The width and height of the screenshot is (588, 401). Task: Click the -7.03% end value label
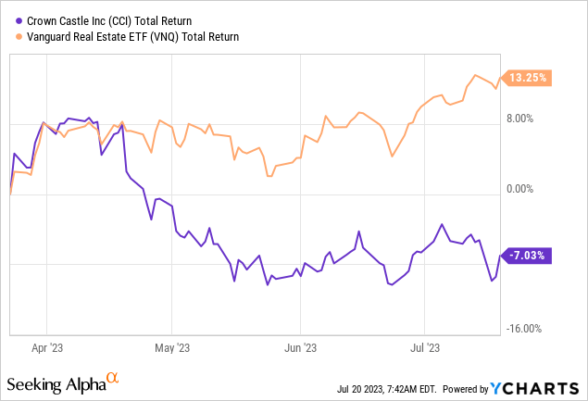tap(528, 255)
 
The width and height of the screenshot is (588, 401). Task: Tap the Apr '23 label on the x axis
tap(47, 350)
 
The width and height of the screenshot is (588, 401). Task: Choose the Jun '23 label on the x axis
tap(301, 350)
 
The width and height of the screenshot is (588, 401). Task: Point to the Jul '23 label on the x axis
tap(424, 350)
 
